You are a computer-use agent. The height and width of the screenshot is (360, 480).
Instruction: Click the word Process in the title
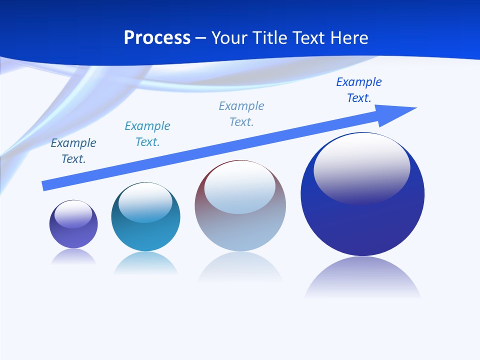(x=157, y=38)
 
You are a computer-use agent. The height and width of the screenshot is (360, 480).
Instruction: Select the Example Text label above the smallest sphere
(x=73, y=150)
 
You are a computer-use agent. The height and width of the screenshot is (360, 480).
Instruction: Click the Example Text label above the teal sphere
(x=147, y=133)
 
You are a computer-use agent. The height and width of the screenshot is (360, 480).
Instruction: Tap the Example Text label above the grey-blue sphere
(x=241, y=113)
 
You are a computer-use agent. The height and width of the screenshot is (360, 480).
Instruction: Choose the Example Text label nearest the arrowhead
(x=359, y=89)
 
